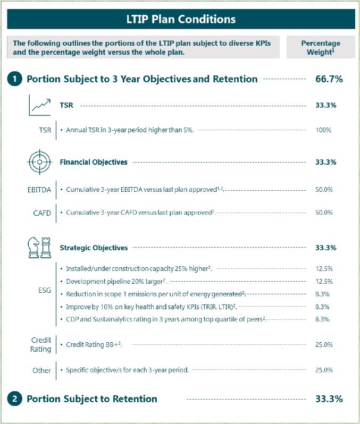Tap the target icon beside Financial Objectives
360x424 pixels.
[40, 162]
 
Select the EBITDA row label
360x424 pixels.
[39, 189]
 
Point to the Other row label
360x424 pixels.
[41, 370]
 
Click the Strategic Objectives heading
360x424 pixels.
[94, 248]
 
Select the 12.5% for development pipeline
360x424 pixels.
[323, 281]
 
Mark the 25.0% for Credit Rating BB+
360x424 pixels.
[323, 345]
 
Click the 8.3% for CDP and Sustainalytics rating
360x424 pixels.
[323, 319]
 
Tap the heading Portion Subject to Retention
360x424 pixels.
[92, 399]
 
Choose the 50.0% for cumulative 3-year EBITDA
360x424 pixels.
[323, 189]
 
